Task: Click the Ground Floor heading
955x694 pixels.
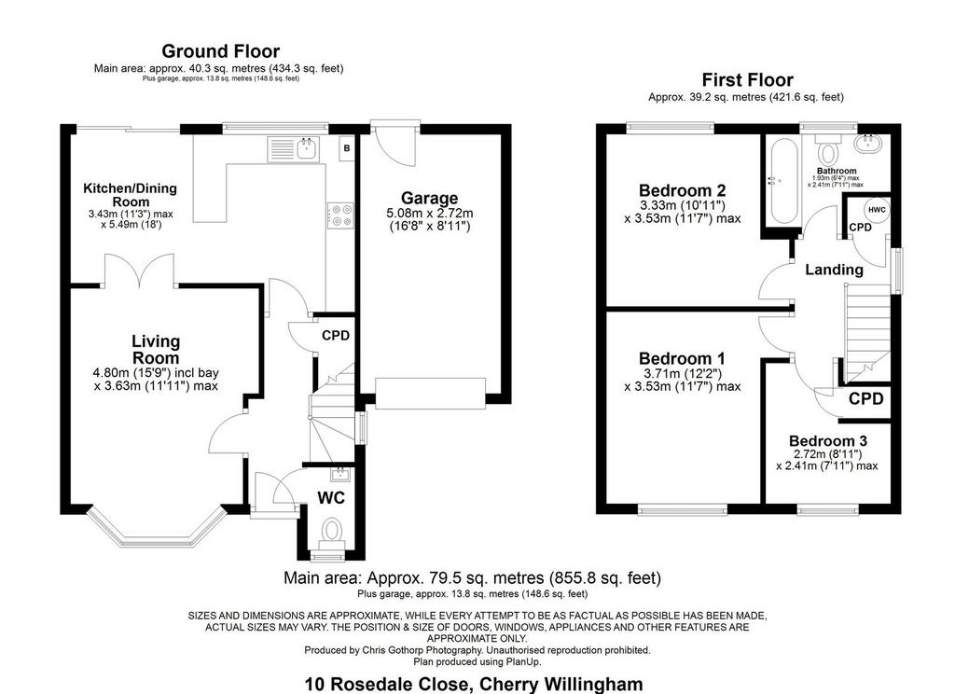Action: click(220, 51)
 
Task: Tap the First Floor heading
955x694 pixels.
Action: click(747, 80)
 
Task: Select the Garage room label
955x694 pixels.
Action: click(429, 198)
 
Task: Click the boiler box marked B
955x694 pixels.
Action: click(347, 148)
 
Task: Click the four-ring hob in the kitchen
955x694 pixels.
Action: click(339, 215)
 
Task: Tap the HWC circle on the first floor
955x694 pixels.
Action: click(877, 210)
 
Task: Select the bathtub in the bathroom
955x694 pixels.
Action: click(782, 182)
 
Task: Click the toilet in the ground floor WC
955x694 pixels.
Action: click(332, 531)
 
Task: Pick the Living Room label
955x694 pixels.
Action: click(156, 350)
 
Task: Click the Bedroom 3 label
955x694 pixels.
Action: click(828, 440)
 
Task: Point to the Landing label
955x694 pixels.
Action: click(834, 270)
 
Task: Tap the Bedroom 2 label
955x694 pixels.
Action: click(682, 190)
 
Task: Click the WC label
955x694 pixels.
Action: click(331, 498)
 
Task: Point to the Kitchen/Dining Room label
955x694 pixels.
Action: click(131, 195)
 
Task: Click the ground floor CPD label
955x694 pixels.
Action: click(336, 336)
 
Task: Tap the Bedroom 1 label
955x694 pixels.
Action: click(682, 358)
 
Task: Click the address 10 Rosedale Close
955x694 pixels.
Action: click(387, 684)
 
